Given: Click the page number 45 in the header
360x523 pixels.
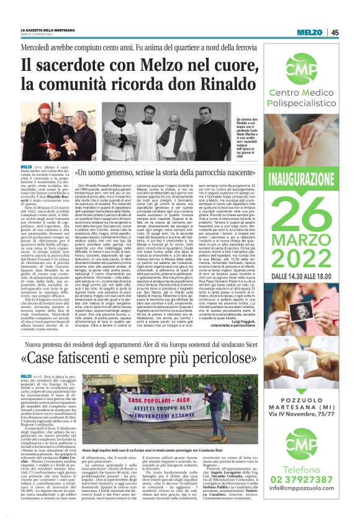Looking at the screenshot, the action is click(x=334, y=32).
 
